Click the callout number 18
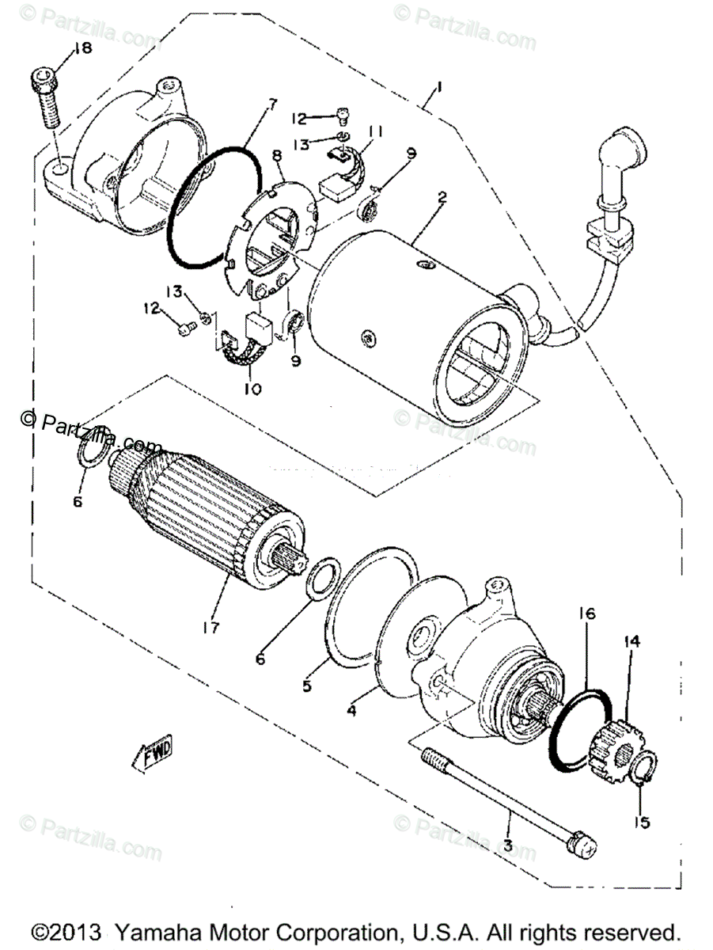pos(82,49)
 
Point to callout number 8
pos(278,157)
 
